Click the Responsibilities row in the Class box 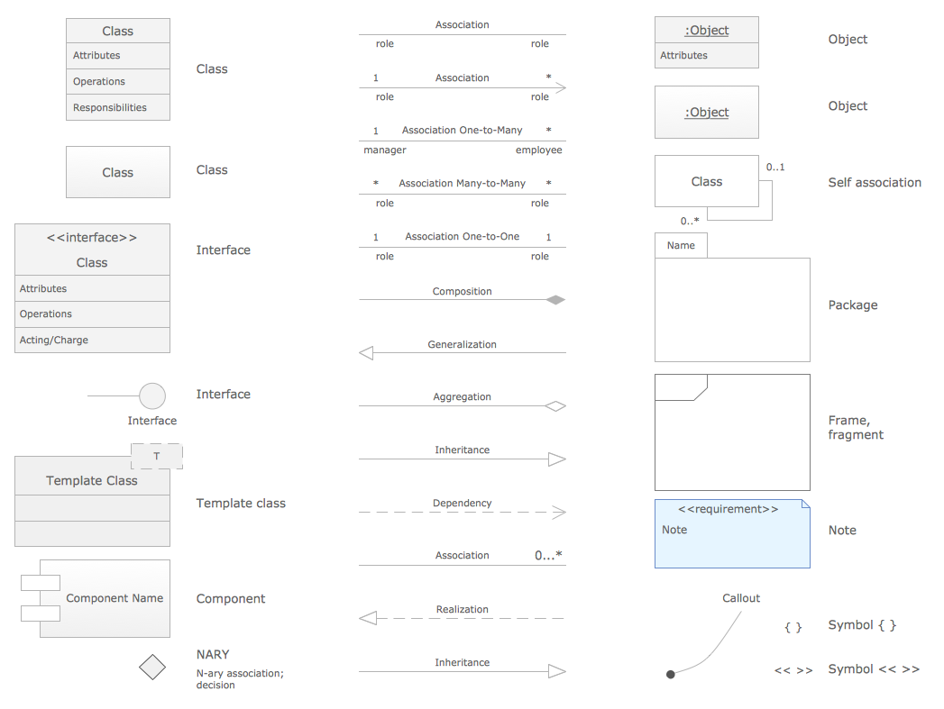(x=110, y=107)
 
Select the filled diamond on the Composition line (x=555, y=300)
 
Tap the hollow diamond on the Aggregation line (x=555, y=406)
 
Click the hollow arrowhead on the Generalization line (x=366, y=353)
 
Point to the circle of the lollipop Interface (x=152, y=395)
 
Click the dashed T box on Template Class (x=157, y=456)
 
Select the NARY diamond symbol (x=152, y=668)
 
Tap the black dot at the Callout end (x=670, y=674)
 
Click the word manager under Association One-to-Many (x=385, y=150)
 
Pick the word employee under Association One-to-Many (x=538, y=150)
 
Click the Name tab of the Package (x=681, y=245)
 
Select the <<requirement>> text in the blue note (x=728, y=509)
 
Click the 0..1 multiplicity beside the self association (x=775, y=168)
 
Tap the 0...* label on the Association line (x=548, y=556)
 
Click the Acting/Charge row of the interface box (x=54, y=340)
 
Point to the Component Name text (x=115, y=598)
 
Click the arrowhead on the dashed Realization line (x=367, y=618)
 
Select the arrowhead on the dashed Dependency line (x=558, y=513)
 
